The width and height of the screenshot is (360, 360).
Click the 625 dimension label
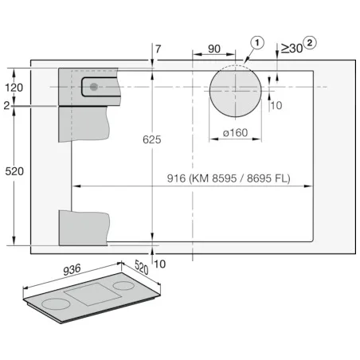pos(152,139)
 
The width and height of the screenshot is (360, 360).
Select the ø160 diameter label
pos(235,132)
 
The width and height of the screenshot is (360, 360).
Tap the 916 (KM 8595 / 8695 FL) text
pos(229,178)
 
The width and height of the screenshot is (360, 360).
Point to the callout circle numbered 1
pos(257,43)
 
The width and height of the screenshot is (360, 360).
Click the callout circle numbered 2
pos(310,43)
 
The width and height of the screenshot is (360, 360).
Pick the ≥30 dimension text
pos(292,49)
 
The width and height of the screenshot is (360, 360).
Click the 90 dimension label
pos(214,49)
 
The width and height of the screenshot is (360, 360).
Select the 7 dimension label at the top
pos(158,49)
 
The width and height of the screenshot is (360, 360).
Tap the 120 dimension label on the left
pos(14,88)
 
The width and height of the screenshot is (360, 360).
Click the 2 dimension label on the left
pos(6,106)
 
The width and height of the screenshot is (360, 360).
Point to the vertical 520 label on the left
pos(14,171)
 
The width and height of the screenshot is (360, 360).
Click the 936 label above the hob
pos(72,270)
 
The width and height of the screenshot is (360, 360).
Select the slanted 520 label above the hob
pos(142,267)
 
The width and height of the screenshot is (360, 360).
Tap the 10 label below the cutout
pos(159,264)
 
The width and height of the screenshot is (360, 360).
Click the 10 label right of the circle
pos(276,105)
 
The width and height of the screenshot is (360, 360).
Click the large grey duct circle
pos(235,91)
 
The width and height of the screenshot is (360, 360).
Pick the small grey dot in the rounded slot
pos(93,87)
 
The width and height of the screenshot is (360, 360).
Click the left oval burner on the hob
pos(56,303)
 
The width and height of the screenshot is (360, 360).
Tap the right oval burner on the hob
pos(123,286)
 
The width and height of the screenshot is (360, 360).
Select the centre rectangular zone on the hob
pos(93,294)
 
